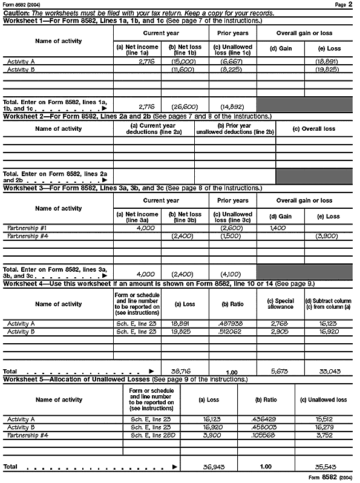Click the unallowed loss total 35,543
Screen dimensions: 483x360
[324, 467]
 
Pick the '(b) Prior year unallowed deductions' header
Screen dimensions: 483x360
[235, 129]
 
